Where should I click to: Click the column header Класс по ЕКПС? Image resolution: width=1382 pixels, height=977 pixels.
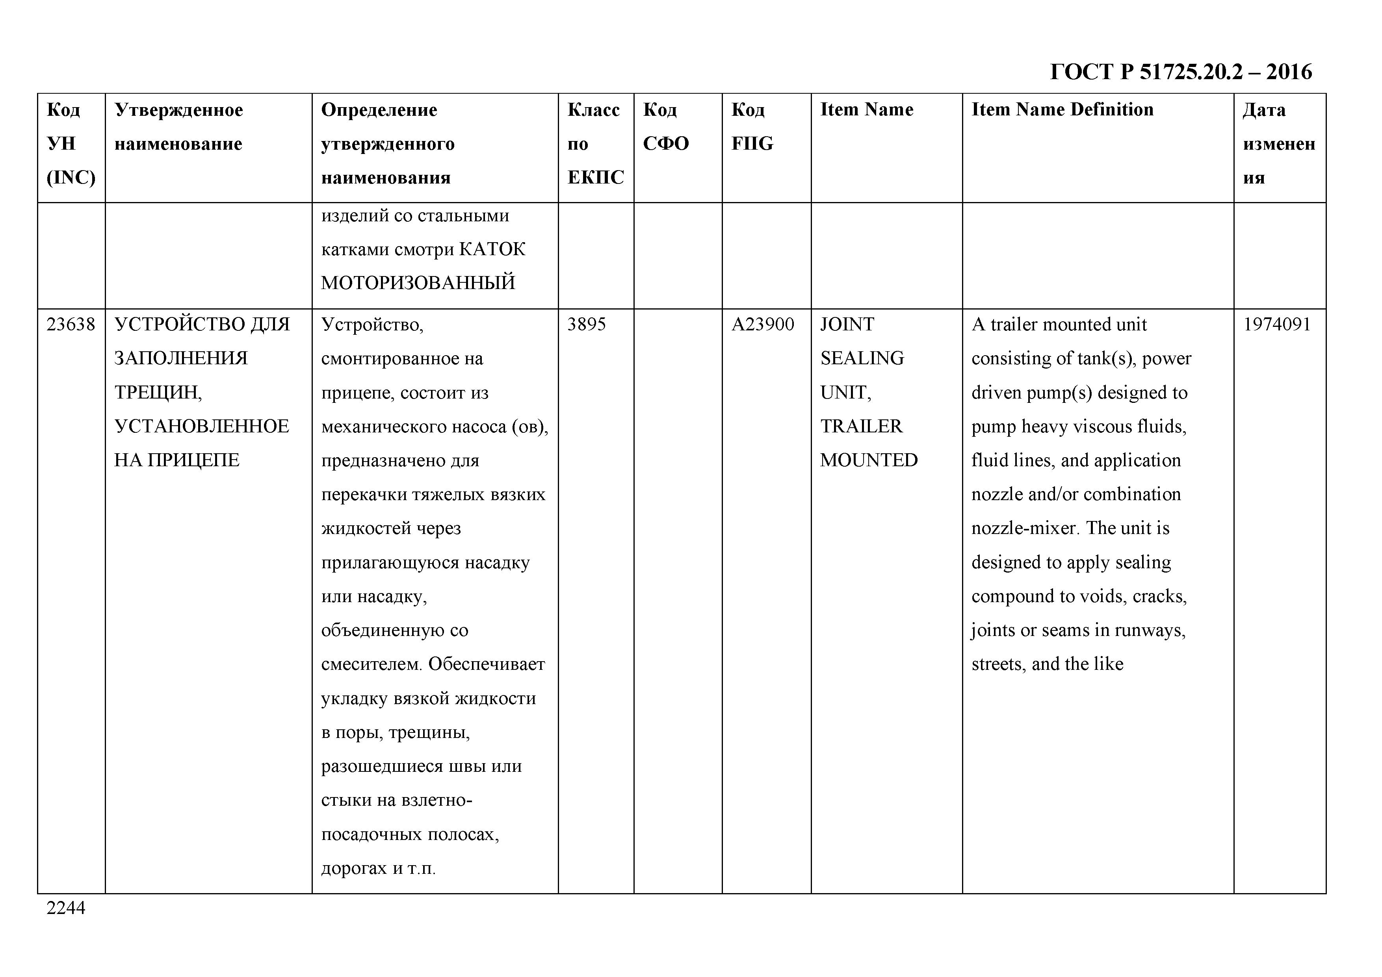click(595, 143)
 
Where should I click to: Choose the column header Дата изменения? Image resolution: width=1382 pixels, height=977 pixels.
click(1278, 143)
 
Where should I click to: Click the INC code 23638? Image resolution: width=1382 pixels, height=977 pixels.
click(71, 324)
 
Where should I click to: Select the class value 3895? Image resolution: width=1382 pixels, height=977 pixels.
click(586, 324)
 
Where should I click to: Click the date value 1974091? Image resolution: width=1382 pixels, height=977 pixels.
click(1277, 324)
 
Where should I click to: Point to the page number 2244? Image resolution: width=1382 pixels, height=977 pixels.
click(66, 908)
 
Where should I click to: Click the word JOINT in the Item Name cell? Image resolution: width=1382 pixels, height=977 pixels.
click(846, 324)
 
